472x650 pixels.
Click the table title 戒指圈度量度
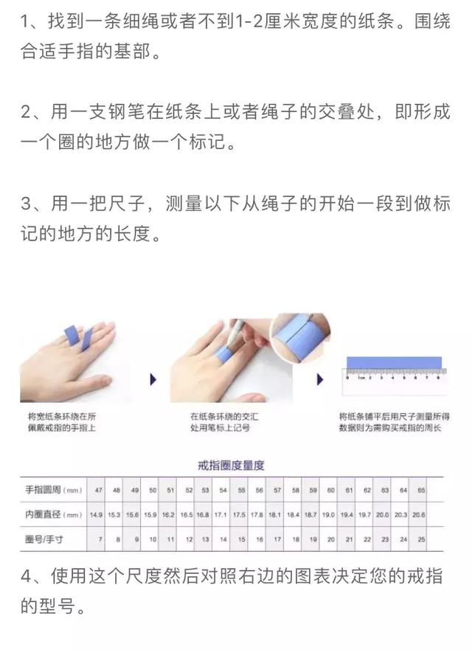pyautogui.click(x=231, y=466)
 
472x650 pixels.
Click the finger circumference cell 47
pyautogui.click(x=98, y=490)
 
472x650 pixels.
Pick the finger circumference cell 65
pyautogui.click(x=422, y=490)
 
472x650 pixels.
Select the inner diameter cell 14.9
pyautogui.click(x=97, y=514)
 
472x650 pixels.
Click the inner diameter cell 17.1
pyautogui.click(x=220, y=514)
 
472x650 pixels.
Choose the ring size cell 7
pyautogui.click(x=100, y=539)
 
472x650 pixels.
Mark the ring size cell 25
pyautogui.click(x=422, y=539)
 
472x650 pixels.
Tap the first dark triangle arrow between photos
pyautogui.click(x=153, y=379)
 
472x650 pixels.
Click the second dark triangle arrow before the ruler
pyautogui.click(x=319, y=379)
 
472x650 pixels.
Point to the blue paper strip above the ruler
pyautogui.click(x=394, y=363)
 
